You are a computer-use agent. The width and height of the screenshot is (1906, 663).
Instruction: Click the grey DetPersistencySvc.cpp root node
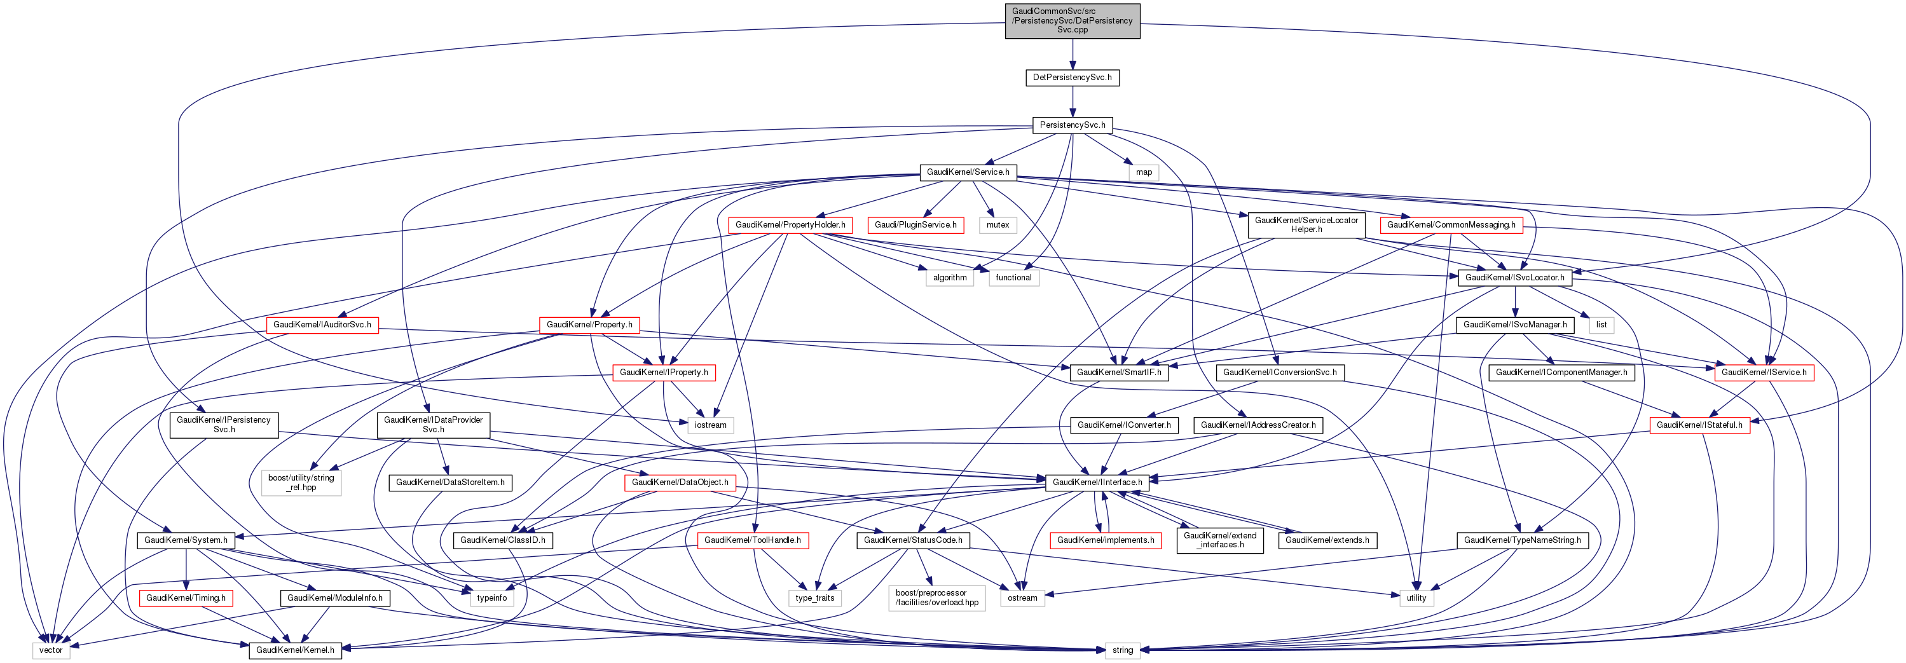point(1072,21)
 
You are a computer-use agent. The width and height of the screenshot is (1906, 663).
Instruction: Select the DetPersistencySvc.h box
point(1072,78)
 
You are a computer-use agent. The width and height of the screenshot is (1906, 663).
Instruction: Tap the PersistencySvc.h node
point(1072,125)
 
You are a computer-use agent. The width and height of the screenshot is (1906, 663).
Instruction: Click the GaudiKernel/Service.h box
point(968,172)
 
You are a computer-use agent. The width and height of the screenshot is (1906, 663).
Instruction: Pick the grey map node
point(1143,172)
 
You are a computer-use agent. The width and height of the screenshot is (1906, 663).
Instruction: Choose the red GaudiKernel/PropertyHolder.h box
point(790,225)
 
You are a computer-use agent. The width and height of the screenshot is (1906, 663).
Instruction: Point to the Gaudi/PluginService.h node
point(915,225)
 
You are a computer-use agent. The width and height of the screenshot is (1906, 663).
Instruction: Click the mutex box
point(998,225)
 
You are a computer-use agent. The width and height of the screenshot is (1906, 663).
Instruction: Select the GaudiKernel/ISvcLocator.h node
point(1514,278)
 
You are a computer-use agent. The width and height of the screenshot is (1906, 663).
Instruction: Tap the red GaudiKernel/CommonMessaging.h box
point(1451,225)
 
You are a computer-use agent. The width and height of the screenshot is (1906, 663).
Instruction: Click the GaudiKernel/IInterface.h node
point(1097,482)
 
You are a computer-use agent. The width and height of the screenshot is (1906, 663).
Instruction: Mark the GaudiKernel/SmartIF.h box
point(1119,373)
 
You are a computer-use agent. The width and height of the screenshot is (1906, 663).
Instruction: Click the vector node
point(51,650)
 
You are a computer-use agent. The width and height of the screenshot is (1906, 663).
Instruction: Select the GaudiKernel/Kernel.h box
point(294,650)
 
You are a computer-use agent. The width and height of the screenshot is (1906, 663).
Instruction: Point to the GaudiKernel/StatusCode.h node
point(913,540)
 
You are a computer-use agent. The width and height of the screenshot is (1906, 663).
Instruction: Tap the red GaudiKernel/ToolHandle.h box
point(753,540)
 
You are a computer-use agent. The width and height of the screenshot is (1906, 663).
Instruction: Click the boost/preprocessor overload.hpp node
point(936,598)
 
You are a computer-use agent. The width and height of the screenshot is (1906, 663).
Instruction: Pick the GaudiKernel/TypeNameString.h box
point(1522,540)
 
